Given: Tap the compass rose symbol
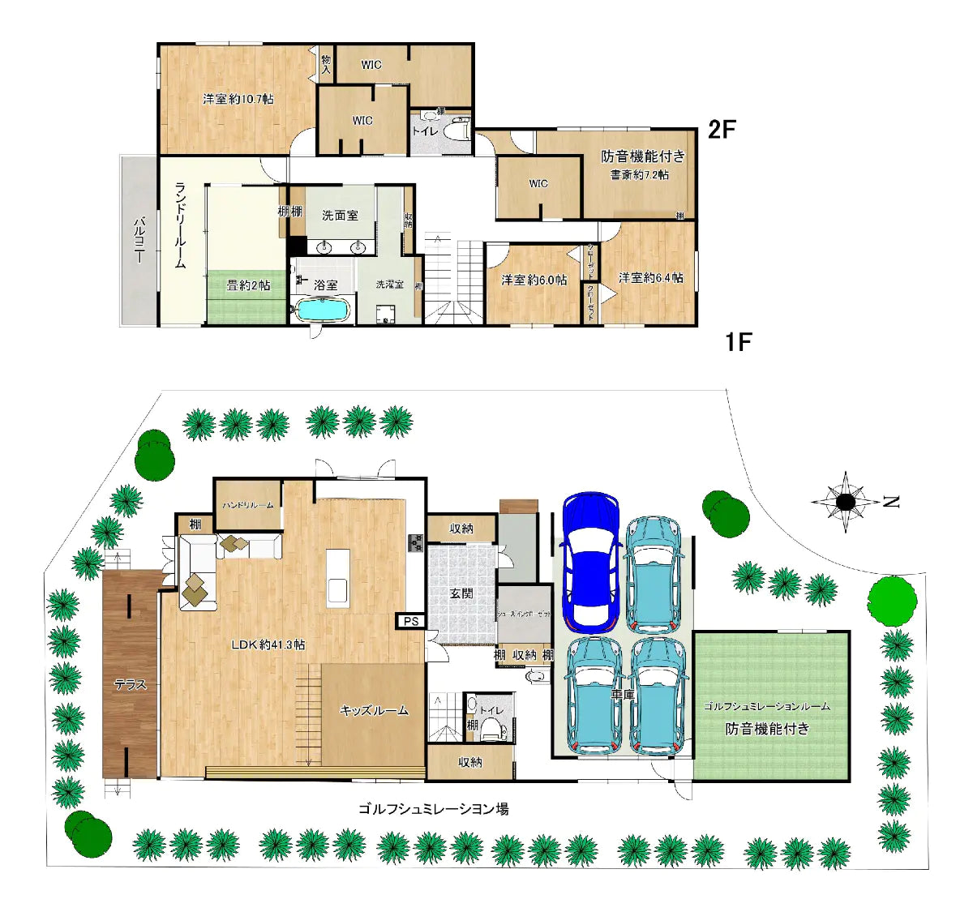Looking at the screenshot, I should (846, 502).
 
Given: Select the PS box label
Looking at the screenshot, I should (409, 621).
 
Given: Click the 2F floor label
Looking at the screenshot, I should (722, 129).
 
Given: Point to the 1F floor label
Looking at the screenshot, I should (738, 342).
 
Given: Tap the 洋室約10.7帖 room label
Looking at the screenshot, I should (238, 99).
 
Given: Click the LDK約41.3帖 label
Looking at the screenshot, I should (268, 644).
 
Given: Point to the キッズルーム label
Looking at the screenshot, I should (374, 710).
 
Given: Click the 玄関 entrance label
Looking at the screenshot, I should (461, 593).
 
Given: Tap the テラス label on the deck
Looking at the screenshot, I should (130, 684).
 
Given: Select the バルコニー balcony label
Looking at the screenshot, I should (139, 240).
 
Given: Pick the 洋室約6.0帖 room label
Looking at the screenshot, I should (534, 280).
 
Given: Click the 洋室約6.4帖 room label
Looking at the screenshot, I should (650, 277).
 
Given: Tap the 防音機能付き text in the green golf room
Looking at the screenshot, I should (767, 728).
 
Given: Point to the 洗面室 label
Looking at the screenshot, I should (340, 215).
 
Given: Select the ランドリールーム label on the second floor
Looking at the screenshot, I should (181, 225).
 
